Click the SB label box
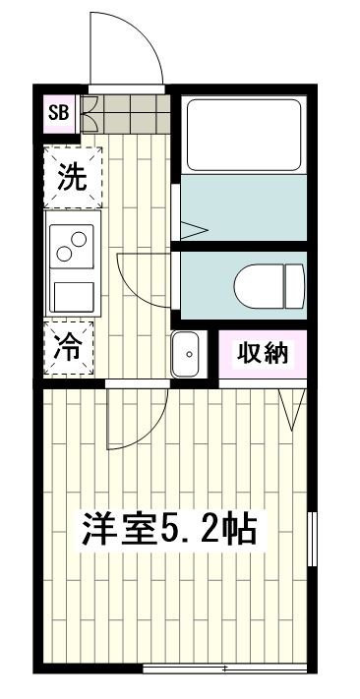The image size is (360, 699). point(58,111)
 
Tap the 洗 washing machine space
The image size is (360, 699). point(72,179)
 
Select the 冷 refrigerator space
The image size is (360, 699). point(71,348)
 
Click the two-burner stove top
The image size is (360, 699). point(73,246)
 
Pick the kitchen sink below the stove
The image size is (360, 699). point(73,295)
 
